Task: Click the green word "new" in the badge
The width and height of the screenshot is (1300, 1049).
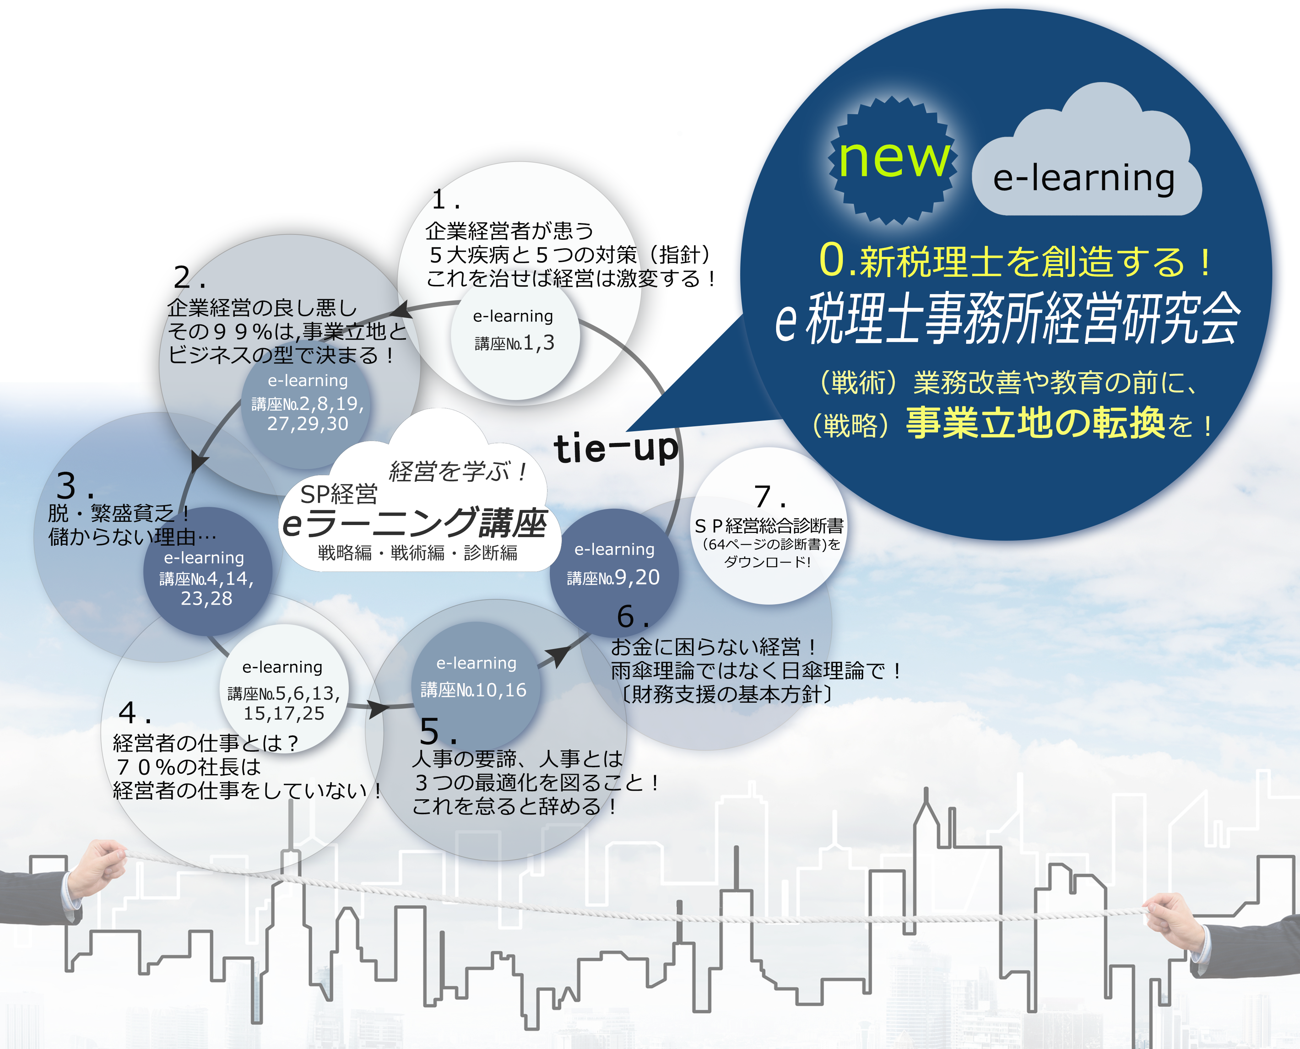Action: (894, 158)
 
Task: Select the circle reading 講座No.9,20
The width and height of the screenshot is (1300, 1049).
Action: (614, 573)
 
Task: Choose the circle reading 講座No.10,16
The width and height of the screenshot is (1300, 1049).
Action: (476, 686)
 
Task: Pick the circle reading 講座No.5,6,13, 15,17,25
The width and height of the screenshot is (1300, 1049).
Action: (283, 689)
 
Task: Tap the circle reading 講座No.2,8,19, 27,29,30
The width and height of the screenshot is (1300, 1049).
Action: (306, 404)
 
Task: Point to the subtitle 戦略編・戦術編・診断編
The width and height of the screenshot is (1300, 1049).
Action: (417, 553)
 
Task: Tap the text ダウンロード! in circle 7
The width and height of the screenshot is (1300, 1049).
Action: (767, 562)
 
